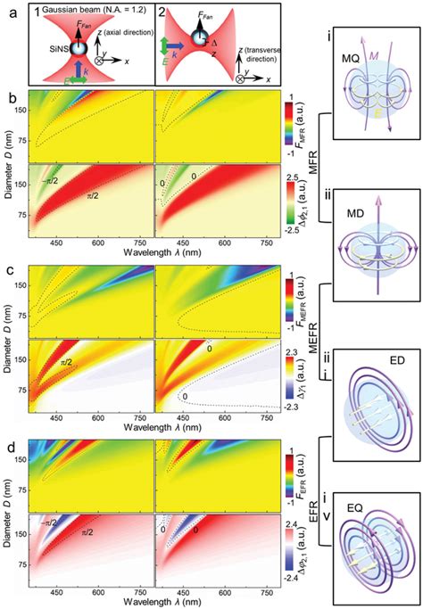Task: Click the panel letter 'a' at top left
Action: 8,7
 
